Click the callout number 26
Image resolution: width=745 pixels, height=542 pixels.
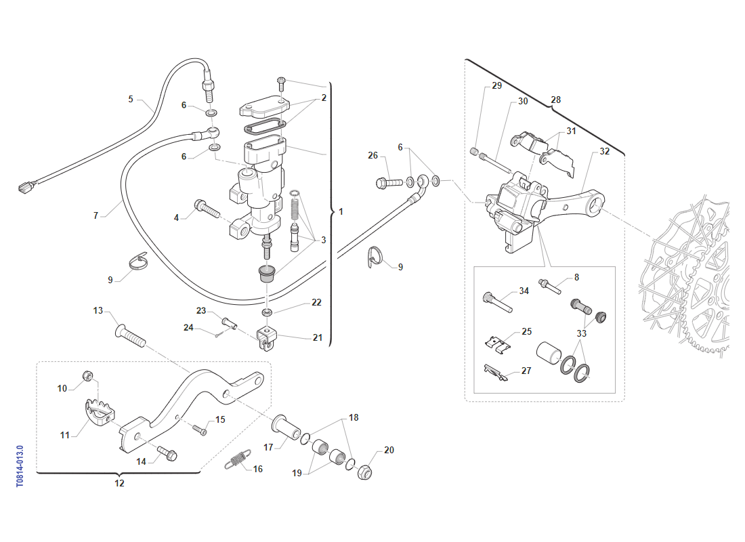pyautogui.click(x=373, y=156)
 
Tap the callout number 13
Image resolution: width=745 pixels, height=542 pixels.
pyautogui.click(x=98, y=311)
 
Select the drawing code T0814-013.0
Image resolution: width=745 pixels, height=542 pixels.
pyautogui.click(x=20, y=466)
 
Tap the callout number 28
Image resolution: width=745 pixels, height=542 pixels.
pyautogui.click(x=556, y=100)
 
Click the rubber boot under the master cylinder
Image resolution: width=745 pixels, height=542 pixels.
pyautogui.click(x=267, y=274)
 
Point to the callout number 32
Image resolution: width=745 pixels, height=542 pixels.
pyautogui.click(x=605, y=152)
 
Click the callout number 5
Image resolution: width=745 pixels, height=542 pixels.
pyautogui.click(x=131, y=100)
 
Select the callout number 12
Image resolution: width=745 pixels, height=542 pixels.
pyautogui.click(x=119, y=484)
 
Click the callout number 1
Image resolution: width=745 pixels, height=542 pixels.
pyautogui.click(x=341, y=212)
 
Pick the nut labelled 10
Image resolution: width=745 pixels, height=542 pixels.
pyautogui.click(x=87, y=376)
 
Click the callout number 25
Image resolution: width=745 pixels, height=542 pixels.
pyautogui.click(x=527, y=332)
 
